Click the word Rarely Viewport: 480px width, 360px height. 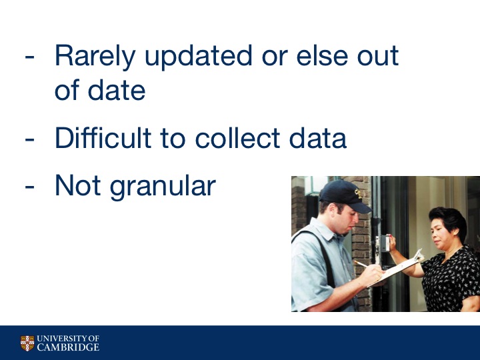pos(95,57)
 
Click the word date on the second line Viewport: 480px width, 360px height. pos(117,90)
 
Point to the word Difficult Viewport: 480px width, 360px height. pos(103,138)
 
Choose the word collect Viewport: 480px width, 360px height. pos(237,138)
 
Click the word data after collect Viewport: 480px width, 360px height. pos(318,138)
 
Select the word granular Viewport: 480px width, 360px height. pos(163,187)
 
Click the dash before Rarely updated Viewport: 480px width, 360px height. pos(29,57)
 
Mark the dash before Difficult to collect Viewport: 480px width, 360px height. pos(29,140)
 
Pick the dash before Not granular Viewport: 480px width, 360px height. pos(29,187)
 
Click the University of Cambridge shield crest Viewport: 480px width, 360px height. pos(27,343)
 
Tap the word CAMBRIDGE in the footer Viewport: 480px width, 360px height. pos(68,347)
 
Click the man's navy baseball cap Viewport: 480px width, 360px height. pos(345,195)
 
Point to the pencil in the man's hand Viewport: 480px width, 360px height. pos(361,264)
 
